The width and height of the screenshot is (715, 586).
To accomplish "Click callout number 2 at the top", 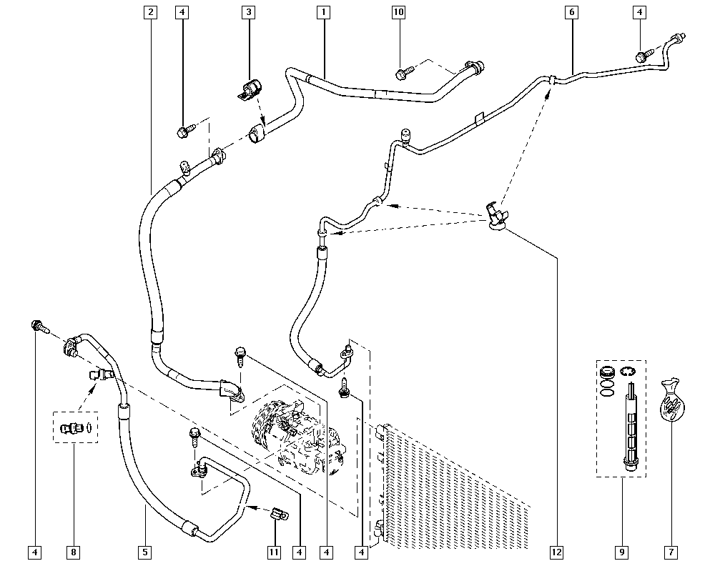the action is (x=150, y=12).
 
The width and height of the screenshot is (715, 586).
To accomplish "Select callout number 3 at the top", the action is (x=249, y=12).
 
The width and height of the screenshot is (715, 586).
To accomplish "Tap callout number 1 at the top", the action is (x=323, y=12).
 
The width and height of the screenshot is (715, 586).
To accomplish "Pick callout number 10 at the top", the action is (x=398, y=12).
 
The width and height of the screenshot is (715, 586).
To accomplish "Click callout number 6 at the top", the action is (x=572, y=12).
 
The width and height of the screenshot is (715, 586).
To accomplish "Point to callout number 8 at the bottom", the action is (x=74, y=552).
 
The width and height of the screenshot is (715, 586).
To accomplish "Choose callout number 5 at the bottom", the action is (x=145, y=552).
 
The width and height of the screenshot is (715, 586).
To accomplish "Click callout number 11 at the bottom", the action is (x=274, y=552).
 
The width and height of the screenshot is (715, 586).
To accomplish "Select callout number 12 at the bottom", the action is (x=557, y=552).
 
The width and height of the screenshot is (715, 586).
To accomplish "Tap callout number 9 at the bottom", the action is (x=622, y=552).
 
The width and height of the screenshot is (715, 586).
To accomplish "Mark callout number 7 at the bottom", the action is (x=671, y=552).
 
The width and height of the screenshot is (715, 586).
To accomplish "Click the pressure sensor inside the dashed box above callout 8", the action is (x=72, y=428).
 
